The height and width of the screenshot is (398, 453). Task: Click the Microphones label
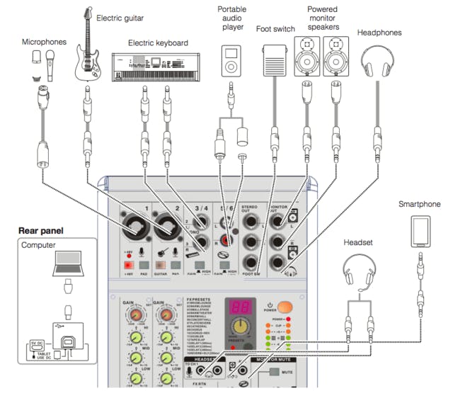pos(44,42)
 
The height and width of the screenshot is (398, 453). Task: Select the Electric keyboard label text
pos(158,43)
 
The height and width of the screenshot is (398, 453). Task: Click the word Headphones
pos(379,33)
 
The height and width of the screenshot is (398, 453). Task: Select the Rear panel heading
pos(41,231)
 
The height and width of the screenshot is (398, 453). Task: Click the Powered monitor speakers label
pos(321,19)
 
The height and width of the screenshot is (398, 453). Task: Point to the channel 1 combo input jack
pos(136,225)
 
